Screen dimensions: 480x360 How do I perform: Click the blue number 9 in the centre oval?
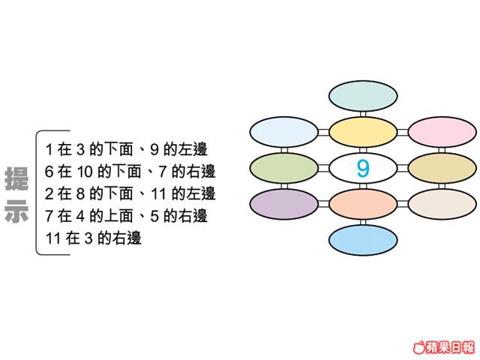(x=363, y=168)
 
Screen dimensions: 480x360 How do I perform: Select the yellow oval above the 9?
(x=363, y=132)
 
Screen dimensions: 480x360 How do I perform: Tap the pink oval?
(x=442, y=132)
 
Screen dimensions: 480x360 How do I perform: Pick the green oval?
(x=284, y=168)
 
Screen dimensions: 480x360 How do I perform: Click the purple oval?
(x=284, y=204)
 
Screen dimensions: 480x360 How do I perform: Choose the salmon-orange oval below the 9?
(x=363, y=204)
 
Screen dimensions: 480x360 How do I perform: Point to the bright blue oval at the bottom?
(x=363, y=240)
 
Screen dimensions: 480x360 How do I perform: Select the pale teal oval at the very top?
(x=363, y=96)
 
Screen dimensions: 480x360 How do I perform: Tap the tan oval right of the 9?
(x=442, y=168)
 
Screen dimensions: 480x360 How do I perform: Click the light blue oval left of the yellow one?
(x=284, y=132)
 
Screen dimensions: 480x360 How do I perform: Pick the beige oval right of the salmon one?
(x=442, y=204)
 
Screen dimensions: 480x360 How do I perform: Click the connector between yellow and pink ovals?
(x=403, y=132)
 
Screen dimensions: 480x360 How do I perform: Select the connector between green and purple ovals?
(x=284, y=186)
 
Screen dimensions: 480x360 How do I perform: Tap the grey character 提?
(x=16, y=178)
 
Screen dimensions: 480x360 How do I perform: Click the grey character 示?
(x=16, y=211)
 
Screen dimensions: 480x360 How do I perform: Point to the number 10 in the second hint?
(x=85, y=172)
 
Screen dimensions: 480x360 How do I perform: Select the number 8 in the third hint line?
(x=80, y=194)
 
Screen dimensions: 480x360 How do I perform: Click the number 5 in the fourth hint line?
(x=154, y=216)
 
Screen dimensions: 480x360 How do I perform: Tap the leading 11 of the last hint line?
(x=52, y=238)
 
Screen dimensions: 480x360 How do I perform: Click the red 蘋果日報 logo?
(x=444, y=347)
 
